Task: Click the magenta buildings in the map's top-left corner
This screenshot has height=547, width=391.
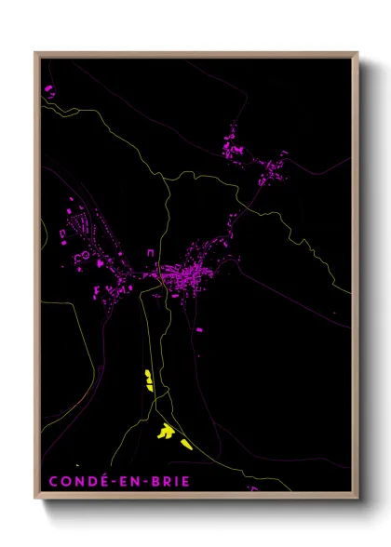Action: click(48, 90)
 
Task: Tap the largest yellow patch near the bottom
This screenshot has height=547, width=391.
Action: click(166, 431)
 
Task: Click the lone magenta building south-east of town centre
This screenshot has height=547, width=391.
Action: click(196, 328)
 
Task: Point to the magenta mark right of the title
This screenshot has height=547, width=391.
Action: click(252, 486)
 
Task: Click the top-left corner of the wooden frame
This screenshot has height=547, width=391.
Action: click(36, 53)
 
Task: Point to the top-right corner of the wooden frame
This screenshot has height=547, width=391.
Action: click(357, 53)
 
